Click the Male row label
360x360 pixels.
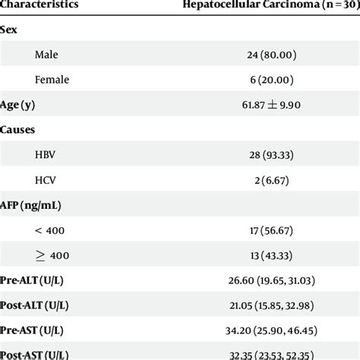tap(46, 55)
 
